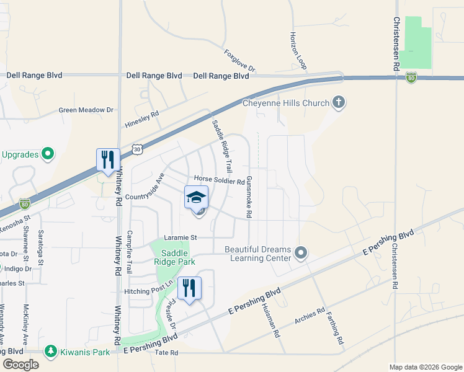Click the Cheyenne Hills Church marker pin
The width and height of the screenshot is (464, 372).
[338, 102]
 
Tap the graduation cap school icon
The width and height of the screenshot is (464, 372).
[197, 198]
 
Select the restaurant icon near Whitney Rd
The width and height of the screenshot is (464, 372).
[108, 160]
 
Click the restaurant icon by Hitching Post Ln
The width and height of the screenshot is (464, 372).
[190, 288]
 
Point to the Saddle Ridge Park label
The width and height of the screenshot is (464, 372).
[178, 257]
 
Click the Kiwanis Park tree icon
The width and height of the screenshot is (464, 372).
[50, 352]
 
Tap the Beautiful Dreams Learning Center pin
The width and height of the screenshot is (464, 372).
[301, 252]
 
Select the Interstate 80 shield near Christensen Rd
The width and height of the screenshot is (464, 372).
[411, 77]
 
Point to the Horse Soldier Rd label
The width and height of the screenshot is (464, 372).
[220, 180]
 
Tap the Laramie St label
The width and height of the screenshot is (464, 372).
[181, 237]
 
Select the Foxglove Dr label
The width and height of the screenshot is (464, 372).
[240, 61]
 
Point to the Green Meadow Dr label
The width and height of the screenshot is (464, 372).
[86, 110]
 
